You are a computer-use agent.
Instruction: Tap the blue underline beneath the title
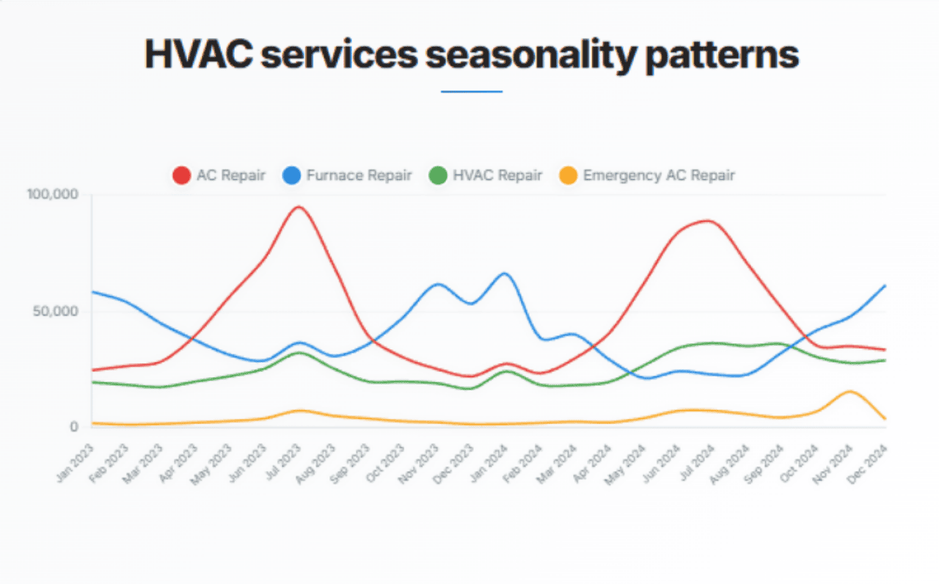(471, 92)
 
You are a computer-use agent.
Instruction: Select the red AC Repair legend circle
(181, 175)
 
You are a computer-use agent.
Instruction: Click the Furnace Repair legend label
(358, 175)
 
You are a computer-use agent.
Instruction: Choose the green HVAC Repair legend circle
(438, 175)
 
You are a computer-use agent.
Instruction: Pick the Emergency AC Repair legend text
(659, 175)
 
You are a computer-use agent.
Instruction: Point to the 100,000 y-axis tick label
(52, 195)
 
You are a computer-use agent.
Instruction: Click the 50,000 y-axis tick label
(56, 311)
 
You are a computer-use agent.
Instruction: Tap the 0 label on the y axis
(74, 427)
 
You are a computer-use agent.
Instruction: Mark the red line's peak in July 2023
(299, 207)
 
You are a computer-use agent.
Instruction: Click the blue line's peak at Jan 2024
(505, 274)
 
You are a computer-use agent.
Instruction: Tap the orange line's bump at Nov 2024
(850, 392)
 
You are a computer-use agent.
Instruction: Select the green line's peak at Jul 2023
(299, 352)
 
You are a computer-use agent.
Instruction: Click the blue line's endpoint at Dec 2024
(885, 285)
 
